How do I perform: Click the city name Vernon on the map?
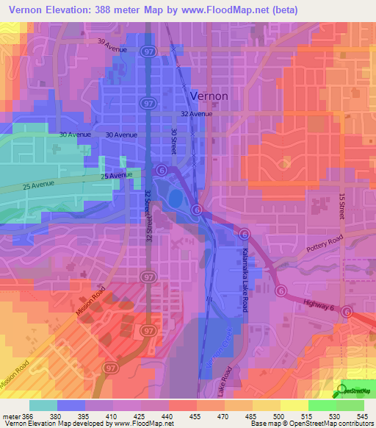[x=209, y=96]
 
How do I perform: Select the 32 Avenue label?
[x=196, y=114]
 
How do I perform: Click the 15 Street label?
[x=341, y=205]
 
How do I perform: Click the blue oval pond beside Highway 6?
[x=175, y=199]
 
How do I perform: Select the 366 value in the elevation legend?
[x=27, y=416]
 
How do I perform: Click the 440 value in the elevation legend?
[x=167, y=416]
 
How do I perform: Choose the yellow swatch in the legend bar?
[x=294, y=405]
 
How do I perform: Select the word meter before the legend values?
[x=10, y=416]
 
